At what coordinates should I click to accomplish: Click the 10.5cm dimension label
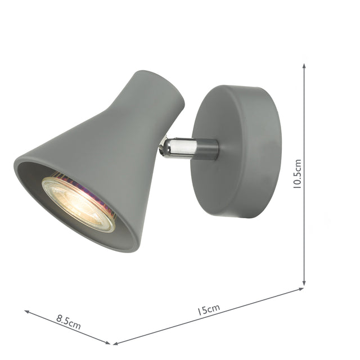(x=298, y=174)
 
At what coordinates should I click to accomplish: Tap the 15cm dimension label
(x=209, y=310)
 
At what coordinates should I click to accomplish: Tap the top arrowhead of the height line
(x=304, y=66)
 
